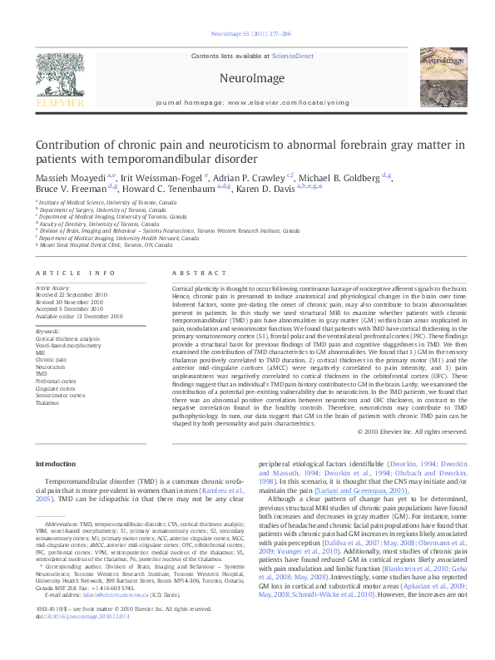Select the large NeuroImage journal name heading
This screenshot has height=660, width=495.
point(247,78)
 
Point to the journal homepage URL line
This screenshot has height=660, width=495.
point(247,102)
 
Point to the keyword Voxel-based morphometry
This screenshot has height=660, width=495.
point(67,344)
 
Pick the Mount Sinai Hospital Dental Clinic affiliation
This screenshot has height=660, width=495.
point(97,246)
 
